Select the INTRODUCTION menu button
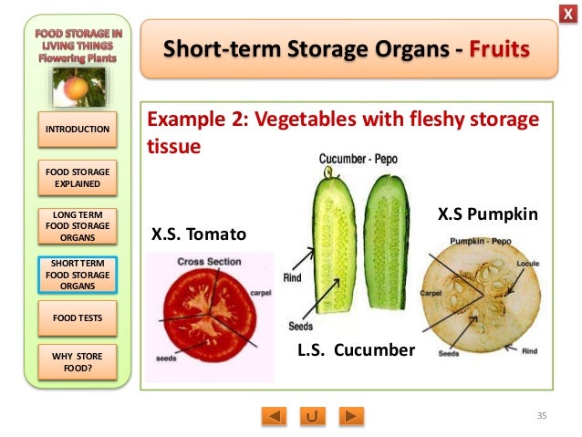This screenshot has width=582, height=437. click(x=78, y=130)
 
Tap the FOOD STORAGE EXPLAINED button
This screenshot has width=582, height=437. click(x=78, y=177)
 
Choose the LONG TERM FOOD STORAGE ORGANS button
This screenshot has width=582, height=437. click(x=78, y=225)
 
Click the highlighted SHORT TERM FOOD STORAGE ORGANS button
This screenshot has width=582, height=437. click(x=78, y=274)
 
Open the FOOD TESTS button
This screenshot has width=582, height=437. click(x=78, y=318)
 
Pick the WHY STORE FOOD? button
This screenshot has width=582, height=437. click(x=78, y=364)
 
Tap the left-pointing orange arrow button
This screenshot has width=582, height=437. click(x=274, y=416)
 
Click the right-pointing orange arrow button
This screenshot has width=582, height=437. click(x=351, y=416)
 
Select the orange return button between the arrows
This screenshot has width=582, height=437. click(x=313, y=416)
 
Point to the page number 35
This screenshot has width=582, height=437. click(x=541, y=416)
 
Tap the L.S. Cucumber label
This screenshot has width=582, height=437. click(x=356, y=349)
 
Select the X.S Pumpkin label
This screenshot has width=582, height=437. click(x=487, y=214)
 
